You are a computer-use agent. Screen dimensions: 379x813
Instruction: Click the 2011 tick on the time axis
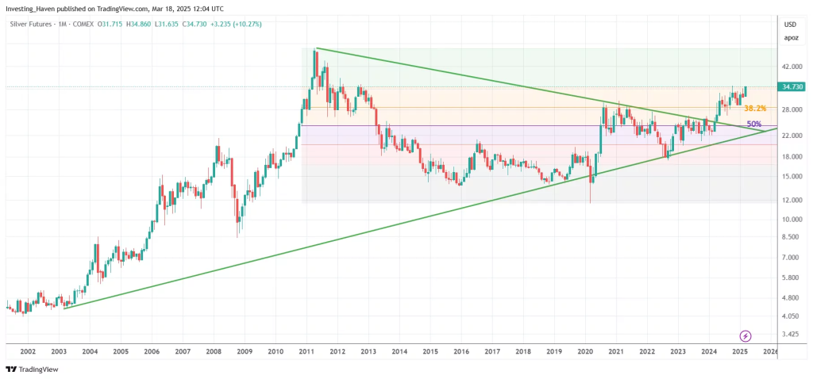306,350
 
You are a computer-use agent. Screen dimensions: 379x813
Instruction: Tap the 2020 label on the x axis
585,350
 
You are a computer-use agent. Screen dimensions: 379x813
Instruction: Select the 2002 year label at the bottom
28,350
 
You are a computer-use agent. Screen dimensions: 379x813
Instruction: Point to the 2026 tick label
770,350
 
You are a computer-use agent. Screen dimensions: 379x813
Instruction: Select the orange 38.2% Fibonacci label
754,108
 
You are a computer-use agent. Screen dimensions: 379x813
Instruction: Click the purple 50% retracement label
754,124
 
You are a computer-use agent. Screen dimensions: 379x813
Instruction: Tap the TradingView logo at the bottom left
28,369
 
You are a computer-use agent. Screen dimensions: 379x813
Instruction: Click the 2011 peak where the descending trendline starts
316,49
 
